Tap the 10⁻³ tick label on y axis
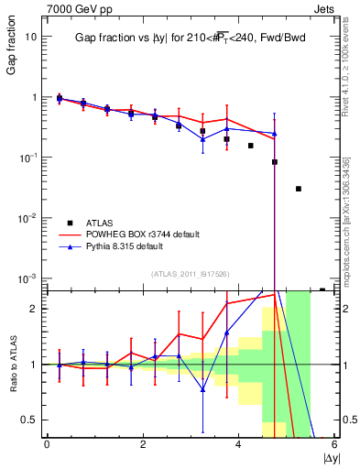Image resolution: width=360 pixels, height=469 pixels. pyautogui.click(x=29, y=278)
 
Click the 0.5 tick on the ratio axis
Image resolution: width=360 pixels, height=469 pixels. pyautogui.click(x=30, y=420)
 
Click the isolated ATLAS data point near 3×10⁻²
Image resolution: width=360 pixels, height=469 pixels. pyautogui.click(x=299, y=189)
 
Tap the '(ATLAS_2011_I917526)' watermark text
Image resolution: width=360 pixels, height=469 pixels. pyautogui.click(x=190, y=274)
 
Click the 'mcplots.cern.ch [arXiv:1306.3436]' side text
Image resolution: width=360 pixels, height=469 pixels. pyautogui.click(x=350, y=220)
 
